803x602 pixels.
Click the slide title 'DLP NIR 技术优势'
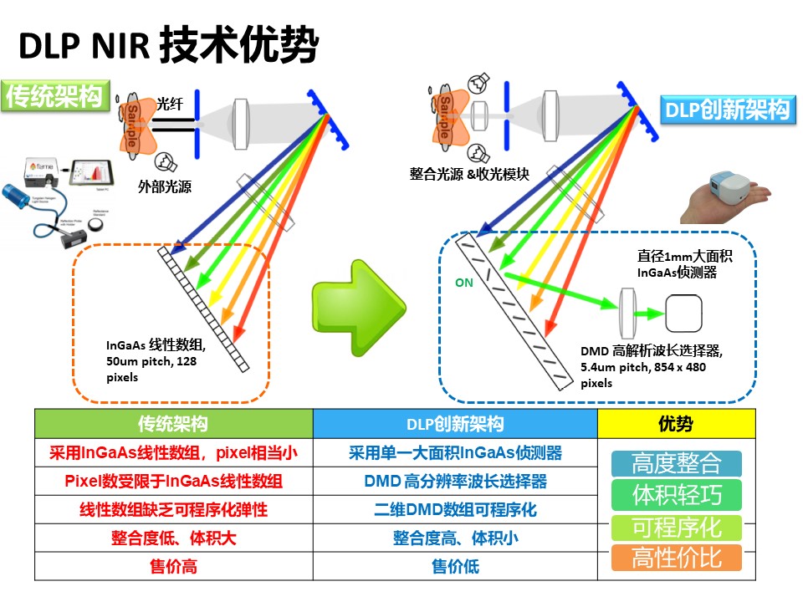tap(168, 45)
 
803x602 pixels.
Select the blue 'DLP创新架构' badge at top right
tap(726, 110)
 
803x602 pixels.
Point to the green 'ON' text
tap(463, 283)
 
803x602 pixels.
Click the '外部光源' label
tap(165, 186)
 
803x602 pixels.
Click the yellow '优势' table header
tap(676, 424)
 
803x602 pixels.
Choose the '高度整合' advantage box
tap(676, 463)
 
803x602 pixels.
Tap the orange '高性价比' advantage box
tap(676, 558)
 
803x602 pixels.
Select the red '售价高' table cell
tap(174, 566)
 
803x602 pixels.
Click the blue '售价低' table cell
tap(455, 566)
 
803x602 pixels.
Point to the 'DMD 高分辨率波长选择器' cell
tap(455, 481)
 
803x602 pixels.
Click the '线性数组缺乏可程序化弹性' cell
tap(174, 509)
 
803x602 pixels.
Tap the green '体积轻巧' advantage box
tap(676, 495)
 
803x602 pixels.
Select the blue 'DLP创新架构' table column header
tap(455, 424)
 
